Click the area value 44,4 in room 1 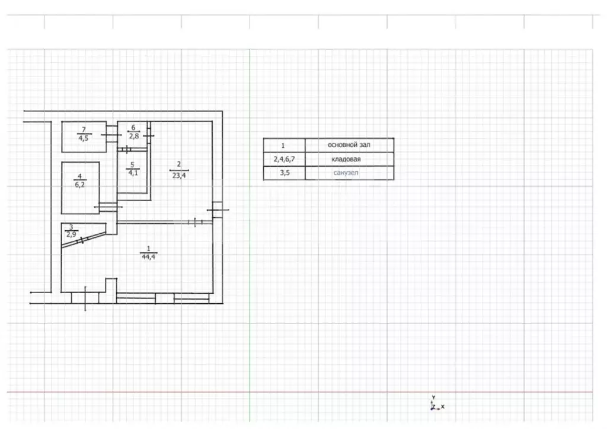coord(149,257)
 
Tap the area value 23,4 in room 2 coord(179,176)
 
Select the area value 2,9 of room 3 coord(71,234)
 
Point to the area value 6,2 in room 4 coord(80,185)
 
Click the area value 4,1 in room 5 coord(133,173)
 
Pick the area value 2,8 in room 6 coord(134,136)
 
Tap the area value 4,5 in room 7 coord(84,138)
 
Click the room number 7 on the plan coord(84,129)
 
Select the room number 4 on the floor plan coord(80,176)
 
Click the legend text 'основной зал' coord(349,145)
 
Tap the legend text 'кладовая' coord(346,159)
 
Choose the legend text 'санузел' coord(346,173)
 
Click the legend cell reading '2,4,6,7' coord(284,159)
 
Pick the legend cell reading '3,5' coord(285,173)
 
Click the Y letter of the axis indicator coord(433,398)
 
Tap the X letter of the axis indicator coord(443,406)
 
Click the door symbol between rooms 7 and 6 coord(111,135)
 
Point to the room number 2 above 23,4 coord(179,164)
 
